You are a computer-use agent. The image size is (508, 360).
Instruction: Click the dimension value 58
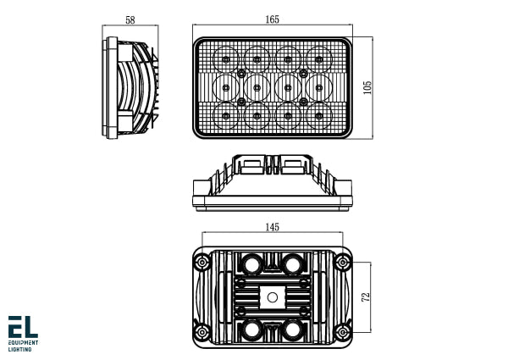click(x=130, y=19)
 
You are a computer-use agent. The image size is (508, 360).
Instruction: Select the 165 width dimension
click(x=273, y=19)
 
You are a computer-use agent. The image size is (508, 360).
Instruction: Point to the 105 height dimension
click(x=367, y=88)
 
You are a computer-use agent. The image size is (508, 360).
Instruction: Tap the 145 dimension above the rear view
click(x=272, y=227)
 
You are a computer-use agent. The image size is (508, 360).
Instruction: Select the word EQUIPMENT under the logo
click(x=24, y=343)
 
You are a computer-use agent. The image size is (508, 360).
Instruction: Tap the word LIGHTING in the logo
click(x=20, y=349)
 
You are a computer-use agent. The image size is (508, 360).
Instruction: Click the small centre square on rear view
click(x=272, y=296)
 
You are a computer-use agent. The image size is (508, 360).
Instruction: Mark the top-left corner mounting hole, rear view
click(x=202, y=263)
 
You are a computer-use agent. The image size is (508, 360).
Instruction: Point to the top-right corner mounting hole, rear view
click(x=343, y=263)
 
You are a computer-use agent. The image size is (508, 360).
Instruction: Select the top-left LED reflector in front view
click(x=227, y=58)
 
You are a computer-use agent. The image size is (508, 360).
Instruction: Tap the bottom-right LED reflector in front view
click(x=319, y=114)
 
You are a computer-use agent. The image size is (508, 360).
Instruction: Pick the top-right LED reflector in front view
click(x=319, y=58)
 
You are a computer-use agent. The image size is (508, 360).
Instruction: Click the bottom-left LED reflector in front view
click(x=227, y=114)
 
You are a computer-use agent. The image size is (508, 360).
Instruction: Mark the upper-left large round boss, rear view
click(x=251, y=265)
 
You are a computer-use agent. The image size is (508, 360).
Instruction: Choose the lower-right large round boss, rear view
click(x=293, y=328)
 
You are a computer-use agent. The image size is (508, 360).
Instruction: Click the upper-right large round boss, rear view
click(x=293, y=265)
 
